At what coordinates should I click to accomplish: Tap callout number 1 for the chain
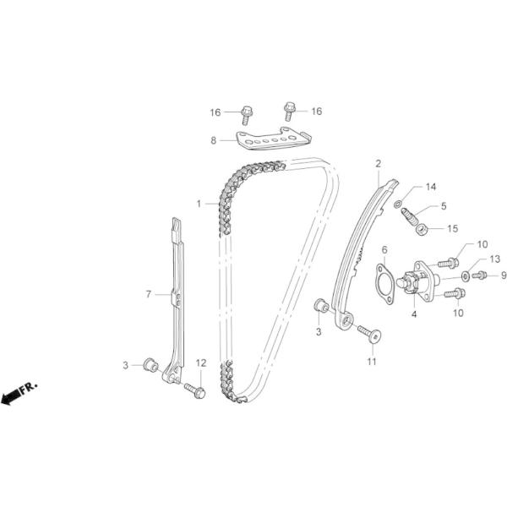pyautogui.click(x=199, y=204)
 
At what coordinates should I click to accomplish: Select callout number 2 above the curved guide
pyautogui.click(x=378, y=164)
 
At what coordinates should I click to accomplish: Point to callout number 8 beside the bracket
pyautogui.click(x=214, y=139)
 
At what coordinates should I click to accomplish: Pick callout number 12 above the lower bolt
pyautogui.click(x=200, y=363)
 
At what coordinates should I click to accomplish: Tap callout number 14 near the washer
pyautogui.click(x=430, y=186)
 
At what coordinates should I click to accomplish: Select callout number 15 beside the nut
pyautogui.click(x=452, y=228)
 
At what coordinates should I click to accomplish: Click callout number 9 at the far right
pyautogui.click(x=503, y=275)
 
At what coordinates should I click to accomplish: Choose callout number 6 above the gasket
pyautogui.click(x=384, y=250)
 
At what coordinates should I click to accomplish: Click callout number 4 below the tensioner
pyautogui.click(x=414, y=314)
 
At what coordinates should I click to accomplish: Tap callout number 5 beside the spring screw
pyautogui.click(x=444, y=205)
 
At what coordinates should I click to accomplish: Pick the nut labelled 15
pyautogui.click(x=424, y=227)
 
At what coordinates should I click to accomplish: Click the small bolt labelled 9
pyautogui.click(x=478, y=275)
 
